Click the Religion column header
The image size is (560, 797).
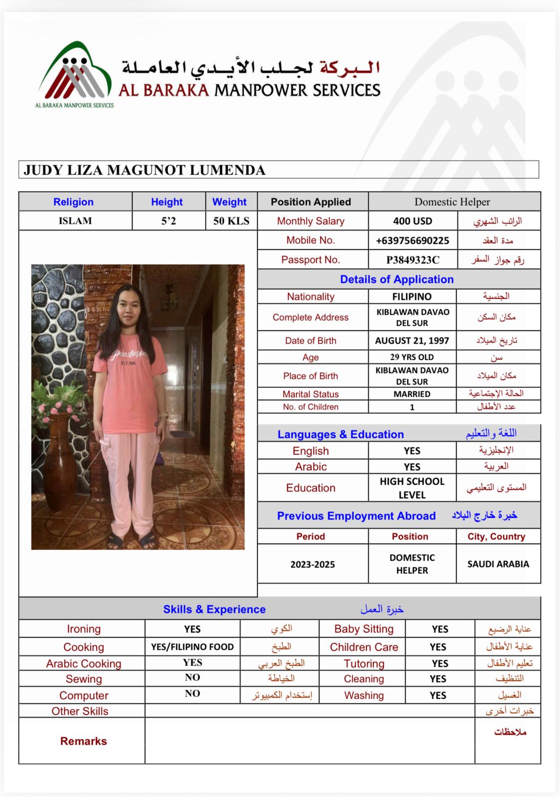[73, 202]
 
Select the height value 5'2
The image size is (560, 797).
[168, 221]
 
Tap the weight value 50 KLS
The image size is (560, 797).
[231, 221]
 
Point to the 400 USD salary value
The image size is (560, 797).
[413, 221]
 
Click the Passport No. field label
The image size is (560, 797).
[310, 260]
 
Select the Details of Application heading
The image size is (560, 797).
[397, 279]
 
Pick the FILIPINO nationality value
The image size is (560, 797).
[412, 296]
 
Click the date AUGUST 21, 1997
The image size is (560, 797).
[412, 341]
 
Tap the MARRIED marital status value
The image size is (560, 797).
[412, 394]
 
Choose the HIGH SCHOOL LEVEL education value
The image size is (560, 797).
[412, 488]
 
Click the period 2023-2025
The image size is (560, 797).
[312, 564]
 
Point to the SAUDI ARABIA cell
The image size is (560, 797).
[498, 564]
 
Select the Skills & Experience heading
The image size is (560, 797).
[214, 609]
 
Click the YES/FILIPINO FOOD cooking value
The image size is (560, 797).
[192, 647]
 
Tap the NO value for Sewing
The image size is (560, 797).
[192, 677]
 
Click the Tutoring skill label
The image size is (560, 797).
[364, 664]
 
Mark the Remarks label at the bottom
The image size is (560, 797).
[83, 741]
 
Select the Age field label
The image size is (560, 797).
[310, 357]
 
